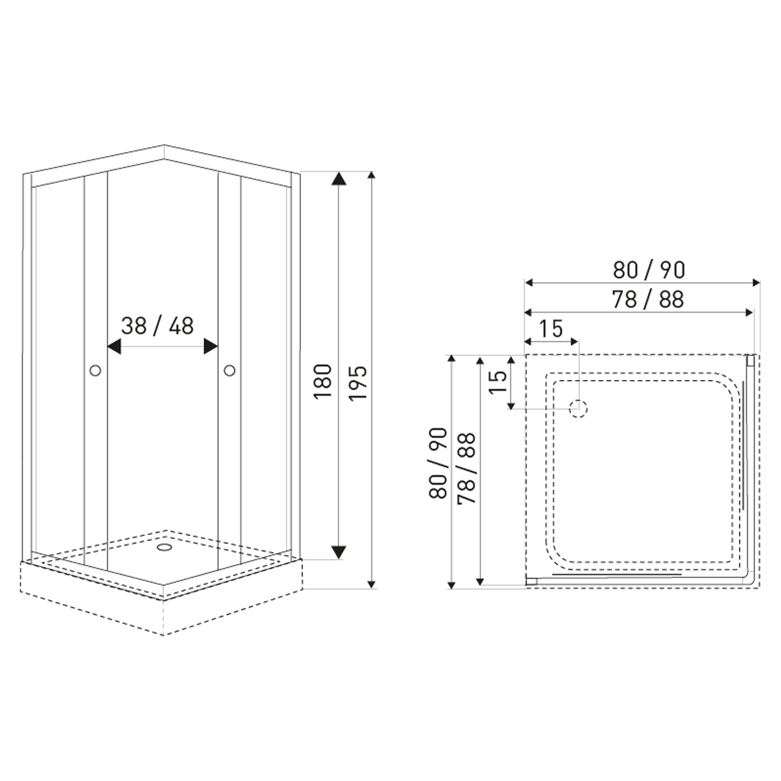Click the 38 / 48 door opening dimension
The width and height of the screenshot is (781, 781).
[157, 326]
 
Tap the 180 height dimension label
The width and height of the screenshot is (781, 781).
[323, 382]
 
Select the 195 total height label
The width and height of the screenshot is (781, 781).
[358, 383]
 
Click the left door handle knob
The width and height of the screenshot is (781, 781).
[95, 370]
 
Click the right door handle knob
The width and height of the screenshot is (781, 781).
[230, 370]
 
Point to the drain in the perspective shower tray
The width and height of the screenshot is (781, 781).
[164, 547]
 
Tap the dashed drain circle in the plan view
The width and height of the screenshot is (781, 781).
[578, 408]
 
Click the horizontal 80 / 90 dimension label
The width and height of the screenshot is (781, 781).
[649, 270]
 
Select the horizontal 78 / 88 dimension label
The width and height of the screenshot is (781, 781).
[648, 300]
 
